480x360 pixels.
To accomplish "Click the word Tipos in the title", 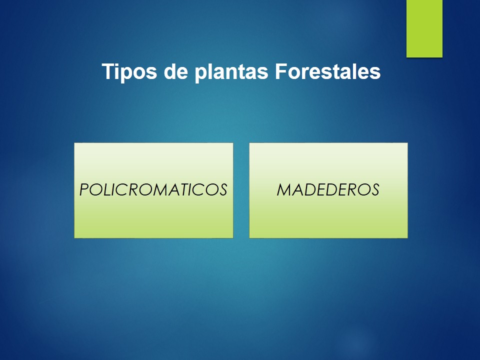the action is [129, 72].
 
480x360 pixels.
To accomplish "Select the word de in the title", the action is [175, 71].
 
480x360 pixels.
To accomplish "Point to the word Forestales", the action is [328, 71].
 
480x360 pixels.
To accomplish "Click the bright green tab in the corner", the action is [424, 28].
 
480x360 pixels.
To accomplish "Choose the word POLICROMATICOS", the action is [153, 189].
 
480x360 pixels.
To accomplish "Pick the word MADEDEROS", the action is [328, 189].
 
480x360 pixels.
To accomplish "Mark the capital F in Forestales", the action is [281, 71].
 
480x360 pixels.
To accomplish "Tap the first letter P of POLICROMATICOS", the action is [84, 189].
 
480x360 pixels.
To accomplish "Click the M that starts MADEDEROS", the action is [284, 189].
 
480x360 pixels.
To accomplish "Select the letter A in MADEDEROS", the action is [299, 189].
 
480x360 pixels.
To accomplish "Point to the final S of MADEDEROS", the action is [374, 189].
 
